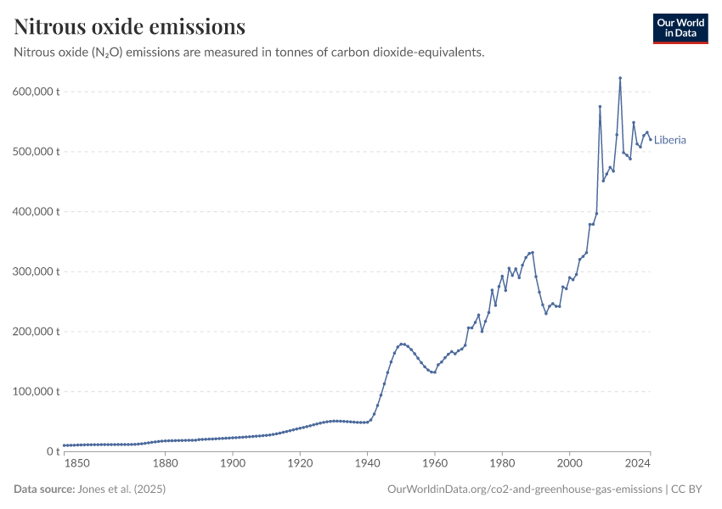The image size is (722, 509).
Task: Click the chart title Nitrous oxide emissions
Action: [130, 27]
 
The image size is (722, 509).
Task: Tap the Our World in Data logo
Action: [680, 28]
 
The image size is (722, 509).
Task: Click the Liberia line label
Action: [670, 140]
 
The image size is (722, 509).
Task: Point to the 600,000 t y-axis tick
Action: [36, 92]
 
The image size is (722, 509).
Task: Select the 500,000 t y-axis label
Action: [36, 152]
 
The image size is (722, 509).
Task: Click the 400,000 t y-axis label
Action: [36, 211]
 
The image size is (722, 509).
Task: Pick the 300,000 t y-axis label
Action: [36, 271]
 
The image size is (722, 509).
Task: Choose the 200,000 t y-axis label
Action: [36, 332]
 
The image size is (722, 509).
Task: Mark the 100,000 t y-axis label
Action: [36, 392]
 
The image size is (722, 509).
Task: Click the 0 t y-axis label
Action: [51, 451]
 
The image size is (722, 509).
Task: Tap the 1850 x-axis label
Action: [76, 463]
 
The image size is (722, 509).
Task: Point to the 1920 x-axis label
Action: [300, 463]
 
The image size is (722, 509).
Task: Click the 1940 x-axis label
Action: [367, 463]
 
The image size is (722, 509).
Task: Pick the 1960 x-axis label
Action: [434, 463]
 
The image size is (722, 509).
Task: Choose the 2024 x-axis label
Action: [638, 463]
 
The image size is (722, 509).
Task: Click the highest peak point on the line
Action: [620, 78]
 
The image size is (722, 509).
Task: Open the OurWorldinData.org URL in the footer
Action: [524, 489]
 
